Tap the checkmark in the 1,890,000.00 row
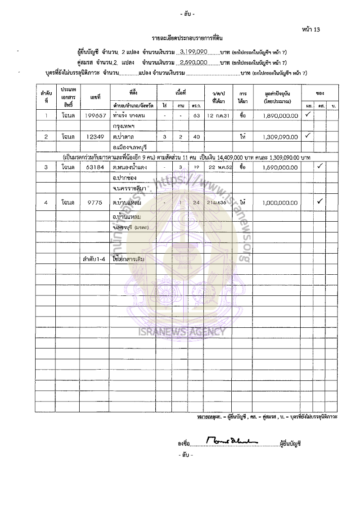(308, 115)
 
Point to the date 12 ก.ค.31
(218, 116)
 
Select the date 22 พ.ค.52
(218, 168)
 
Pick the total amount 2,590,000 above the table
(193, 62)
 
